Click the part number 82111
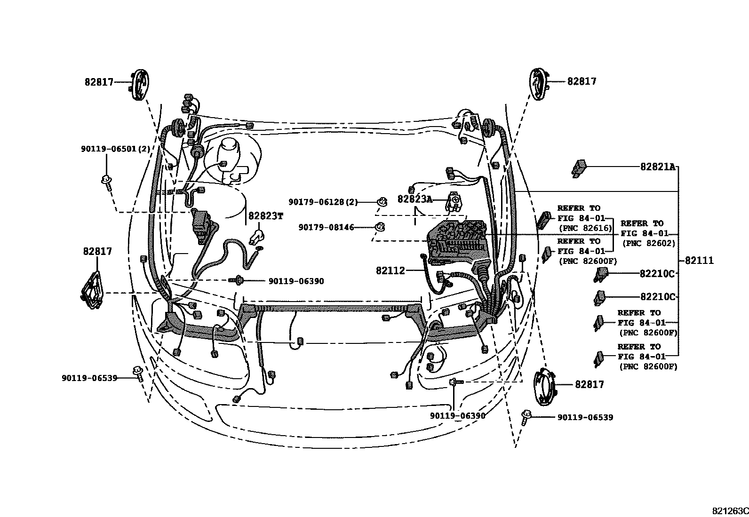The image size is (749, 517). tap(699, 261)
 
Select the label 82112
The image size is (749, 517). tap(390, 270)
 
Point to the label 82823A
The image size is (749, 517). tap(414, 199)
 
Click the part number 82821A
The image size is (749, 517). tap(657, 167)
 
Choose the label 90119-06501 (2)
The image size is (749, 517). tap(115, 149)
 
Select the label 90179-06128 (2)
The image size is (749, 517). tap(323, 202)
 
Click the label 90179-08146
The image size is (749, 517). tap(326, 227)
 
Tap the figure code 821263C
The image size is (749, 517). tap(729, 511)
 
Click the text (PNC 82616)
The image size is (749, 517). tap(585, 229)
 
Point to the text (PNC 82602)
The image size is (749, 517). tap(649, 244)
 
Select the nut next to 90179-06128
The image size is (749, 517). tap(382, 202)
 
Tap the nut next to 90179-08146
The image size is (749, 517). tap(379, 227)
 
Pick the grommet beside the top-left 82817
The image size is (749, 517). tap(139, 84)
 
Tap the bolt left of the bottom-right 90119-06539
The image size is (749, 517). tap(526, 417)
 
